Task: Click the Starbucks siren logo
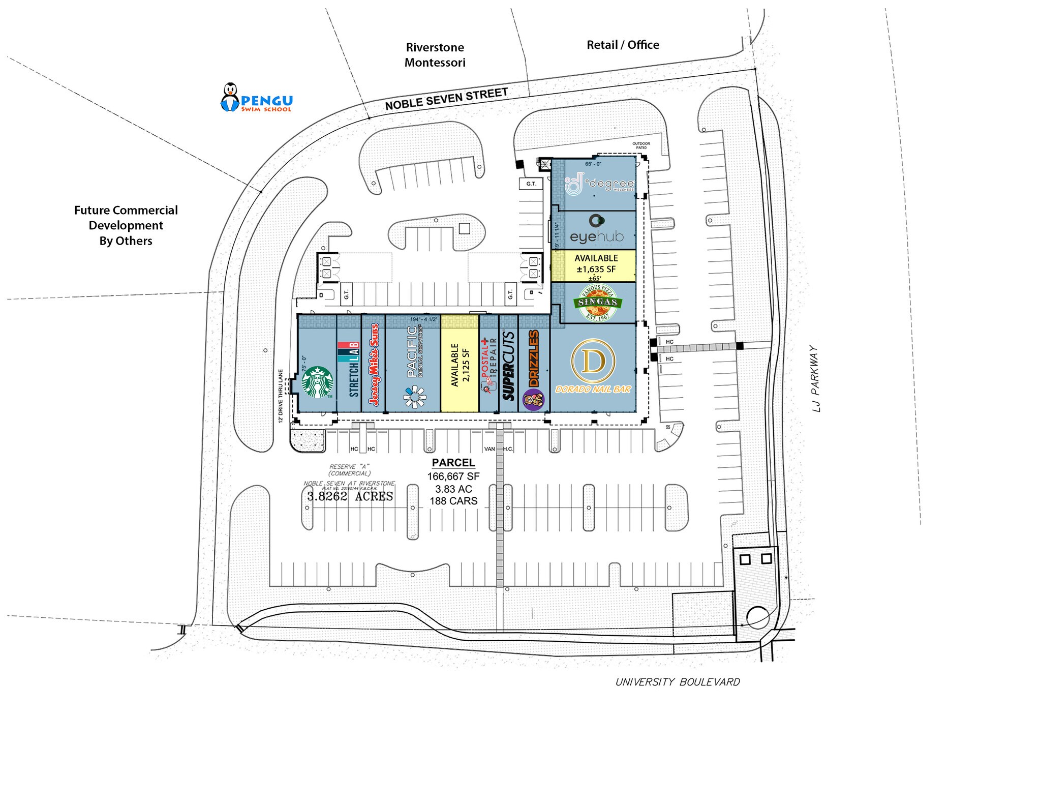[x=317, y=382]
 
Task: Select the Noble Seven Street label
[x=446, y=99]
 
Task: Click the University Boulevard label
[x=678, y=682]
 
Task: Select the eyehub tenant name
[x=596, y=236]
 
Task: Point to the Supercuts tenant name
[x=509, y=366]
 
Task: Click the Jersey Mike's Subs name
[x=374, y=365]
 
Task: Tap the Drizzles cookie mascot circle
[x=533, y=400]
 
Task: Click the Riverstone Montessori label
[x=435, y=55]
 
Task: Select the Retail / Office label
[x=623, y=45]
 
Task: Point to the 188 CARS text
[x=453, y=501]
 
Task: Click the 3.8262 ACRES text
[x=350, y=496]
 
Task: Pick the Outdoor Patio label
[x=641, y=145]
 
